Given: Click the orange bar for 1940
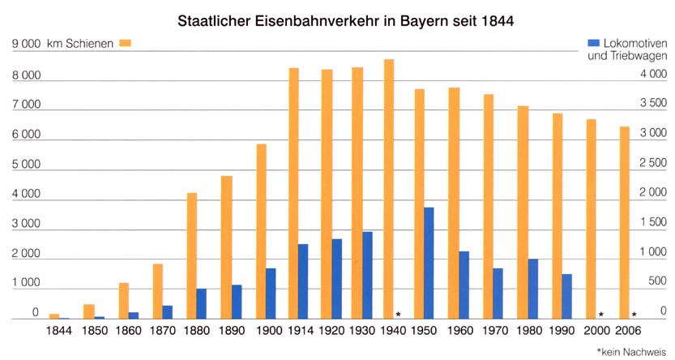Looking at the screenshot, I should [389, 188].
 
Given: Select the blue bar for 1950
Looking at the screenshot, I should [429, 263].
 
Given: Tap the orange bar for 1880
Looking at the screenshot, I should [192, 255].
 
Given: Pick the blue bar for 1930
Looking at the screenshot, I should [367, 275].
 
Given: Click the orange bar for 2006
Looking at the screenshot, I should [624, 222].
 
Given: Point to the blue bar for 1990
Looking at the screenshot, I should [567, 296].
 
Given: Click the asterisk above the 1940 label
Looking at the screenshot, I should [399, 315].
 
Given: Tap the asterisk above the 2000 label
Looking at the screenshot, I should [600, 315].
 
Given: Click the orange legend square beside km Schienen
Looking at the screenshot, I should [125, 42].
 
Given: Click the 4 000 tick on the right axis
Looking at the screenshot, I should [653, 74].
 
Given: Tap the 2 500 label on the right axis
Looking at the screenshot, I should [653, 163].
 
